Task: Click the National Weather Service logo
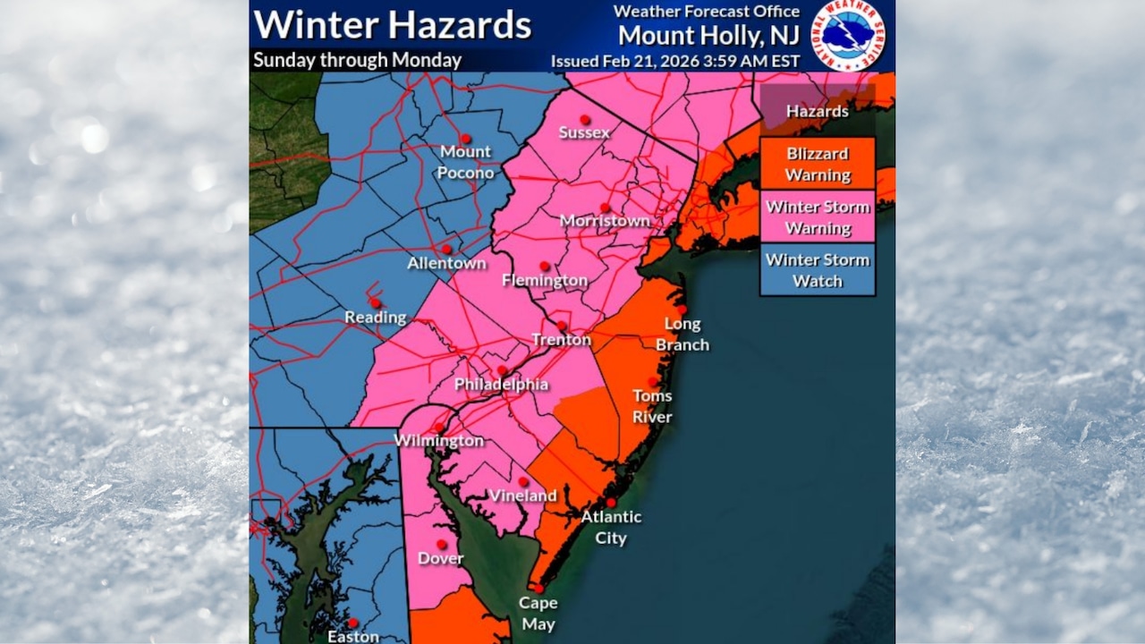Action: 847,35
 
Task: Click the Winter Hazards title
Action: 392,25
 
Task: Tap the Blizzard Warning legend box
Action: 818,164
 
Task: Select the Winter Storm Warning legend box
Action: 818,217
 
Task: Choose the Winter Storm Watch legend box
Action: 818,270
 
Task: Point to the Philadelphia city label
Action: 501,384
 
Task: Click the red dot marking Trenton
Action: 562,326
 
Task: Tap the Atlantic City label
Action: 611,527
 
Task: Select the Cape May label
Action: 538,614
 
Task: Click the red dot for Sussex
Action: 584,118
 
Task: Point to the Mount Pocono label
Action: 466,161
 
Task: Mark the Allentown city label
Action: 446,263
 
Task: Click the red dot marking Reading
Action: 375,302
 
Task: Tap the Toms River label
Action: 652,406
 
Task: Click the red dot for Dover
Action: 440,544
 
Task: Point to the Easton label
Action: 352,637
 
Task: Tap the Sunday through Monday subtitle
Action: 357,60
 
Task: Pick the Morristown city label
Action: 605,220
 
